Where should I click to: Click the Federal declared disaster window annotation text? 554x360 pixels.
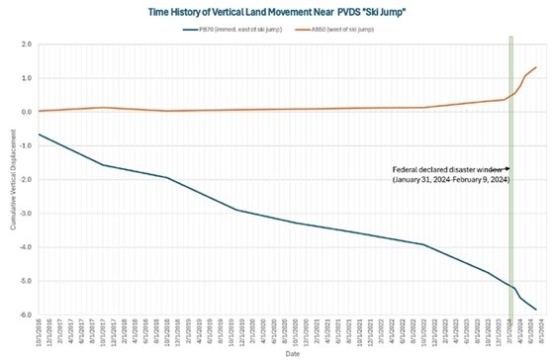447,169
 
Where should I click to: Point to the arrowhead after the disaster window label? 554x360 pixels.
507,169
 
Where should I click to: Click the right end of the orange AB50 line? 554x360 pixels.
536,67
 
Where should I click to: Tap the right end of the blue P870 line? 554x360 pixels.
536,310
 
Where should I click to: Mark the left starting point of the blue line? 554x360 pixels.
39,134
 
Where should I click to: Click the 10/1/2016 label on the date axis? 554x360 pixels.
39,333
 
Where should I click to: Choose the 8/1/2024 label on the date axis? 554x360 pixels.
536,333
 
